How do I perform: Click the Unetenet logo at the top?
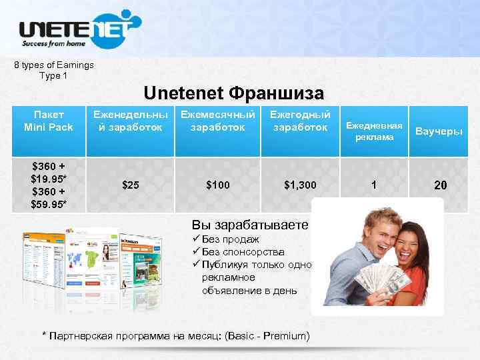[79, 29]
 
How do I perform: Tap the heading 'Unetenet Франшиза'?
[233, 92]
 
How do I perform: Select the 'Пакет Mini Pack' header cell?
[48, 121]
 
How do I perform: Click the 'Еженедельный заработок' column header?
[131, 121]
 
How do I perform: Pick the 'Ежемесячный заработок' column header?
[217, 121]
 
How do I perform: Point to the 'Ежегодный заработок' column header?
[299, 121]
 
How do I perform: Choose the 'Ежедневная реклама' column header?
[374, 131]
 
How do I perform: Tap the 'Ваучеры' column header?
[439, 131]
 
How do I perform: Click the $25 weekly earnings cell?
[131, 185]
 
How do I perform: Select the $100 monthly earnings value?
[217, 185]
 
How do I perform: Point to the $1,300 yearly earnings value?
[300, 185]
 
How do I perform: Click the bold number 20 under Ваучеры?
[440, 185]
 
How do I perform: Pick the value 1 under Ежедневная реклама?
[374, 185]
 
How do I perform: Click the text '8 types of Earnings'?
[54, 65]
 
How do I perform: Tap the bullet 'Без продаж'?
[231, 239]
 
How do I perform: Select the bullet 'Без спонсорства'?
[243, 252]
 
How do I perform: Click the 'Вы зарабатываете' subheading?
[250, 224]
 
